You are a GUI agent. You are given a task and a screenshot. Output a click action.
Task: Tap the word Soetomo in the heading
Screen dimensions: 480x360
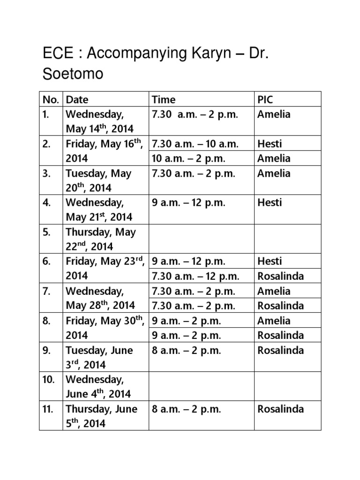(73, 74)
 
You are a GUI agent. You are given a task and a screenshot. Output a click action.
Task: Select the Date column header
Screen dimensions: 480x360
(77, 99)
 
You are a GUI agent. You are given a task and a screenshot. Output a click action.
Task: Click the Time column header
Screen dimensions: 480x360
(164, 99)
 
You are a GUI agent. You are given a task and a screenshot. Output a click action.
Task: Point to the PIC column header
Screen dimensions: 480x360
(265, 99)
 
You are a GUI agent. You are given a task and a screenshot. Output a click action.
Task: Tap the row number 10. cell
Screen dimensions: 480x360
(49, 379)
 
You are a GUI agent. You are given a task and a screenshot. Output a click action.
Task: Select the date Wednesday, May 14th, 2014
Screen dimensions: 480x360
(100, 121)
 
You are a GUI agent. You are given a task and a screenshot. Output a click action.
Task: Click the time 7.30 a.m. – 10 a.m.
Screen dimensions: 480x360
(195, 144)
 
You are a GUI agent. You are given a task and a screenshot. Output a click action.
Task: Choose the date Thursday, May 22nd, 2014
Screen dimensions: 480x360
(101, 239)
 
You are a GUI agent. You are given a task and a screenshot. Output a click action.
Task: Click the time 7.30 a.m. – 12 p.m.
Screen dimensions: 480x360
(195, 276)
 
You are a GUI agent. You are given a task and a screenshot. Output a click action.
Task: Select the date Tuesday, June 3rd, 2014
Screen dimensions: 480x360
(99, 357)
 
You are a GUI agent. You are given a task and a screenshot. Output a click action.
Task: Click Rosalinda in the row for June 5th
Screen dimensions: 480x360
(281, 409)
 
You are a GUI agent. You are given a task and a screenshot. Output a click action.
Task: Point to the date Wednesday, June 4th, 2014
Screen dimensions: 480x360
(98, 386)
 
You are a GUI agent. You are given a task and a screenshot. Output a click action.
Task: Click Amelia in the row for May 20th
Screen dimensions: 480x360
(274, 173)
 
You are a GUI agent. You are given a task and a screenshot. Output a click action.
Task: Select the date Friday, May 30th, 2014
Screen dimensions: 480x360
(104, 328)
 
